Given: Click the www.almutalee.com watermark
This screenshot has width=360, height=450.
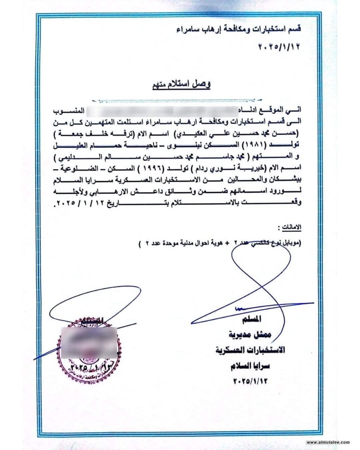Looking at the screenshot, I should pos(329,443).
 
